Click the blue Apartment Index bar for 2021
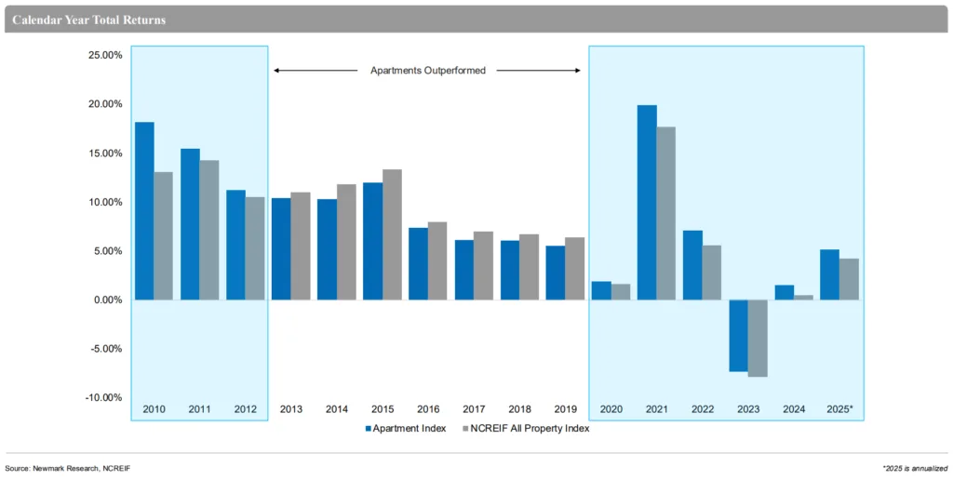click(647, 203)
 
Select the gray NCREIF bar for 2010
click(163, 236)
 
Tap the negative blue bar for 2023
click(738, 335)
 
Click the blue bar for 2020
click(601, 290)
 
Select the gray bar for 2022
click(711, 273)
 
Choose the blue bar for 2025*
click(829, 274)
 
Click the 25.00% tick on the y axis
click(105, 56)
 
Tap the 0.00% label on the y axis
click(107, 300)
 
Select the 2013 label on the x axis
click(291, 409)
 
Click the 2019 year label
click(565, 409)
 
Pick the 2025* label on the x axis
click(839, 409)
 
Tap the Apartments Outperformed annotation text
click(428, 71)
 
